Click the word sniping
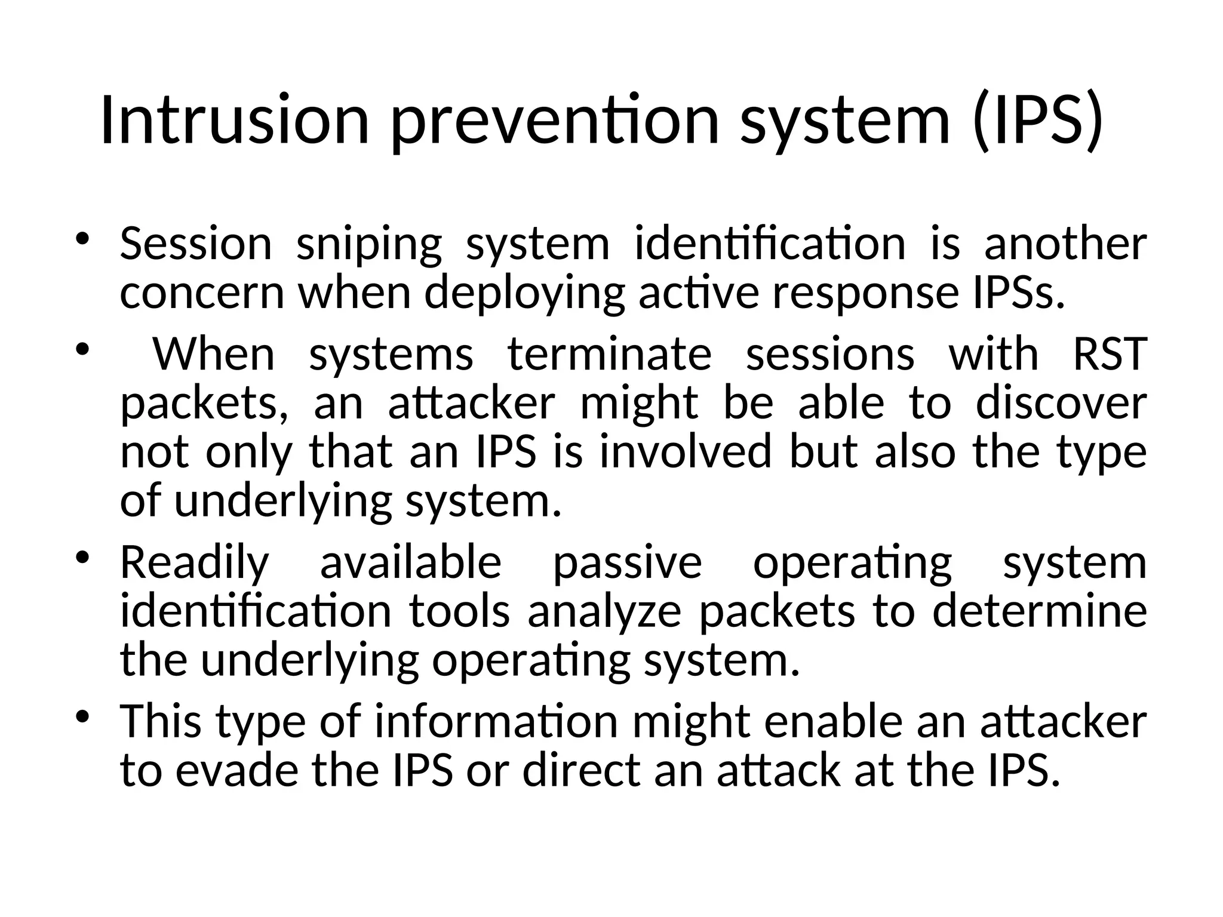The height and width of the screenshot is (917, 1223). [x=369, y=245]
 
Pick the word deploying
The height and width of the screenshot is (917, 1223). [x=524, y=294]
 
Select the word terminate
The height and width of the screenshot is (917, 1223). [x=610, y=354]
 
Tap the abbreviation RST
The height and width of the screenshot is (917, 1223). [x=1110, y=354]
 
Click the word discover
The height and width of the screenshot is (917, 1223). [x=1061, y=403]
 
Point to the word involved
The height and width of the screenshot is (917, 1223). [x=686, y=452]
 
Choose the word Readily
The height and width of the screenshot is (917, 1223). [x=195, y=564]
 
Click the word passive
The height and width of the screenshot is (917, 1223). [x=627, y=564]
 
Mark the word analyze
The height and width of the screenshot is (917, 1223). [x=604, y=612]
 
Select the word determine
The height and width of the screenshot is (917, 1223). [x=1040, y=612]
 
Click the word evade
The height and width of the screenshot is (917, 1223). [x=237, y=771]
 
